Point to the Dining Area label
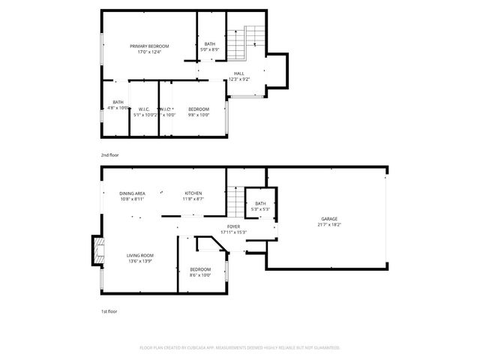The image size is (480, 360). click(x=132, y=193)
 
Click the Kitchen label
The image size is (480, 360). click(x=193, y=193)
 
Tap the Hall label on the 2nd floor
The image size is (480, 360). click(x=238, y=73)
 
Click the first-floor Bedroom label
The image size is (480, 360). click(x=200, y=269)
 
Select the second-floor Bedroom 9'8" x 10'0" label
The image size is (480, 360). click(x=198, y=109)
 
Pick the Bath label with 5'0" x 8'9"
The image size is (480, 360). click(x=210, y=44)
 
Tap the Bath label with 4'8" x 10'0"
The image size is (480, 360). click(x=118, y=103)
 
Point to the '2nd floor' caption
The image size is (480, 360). click(x=110, y=154)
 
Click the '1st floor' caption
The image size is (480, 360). click(x=109, y=311)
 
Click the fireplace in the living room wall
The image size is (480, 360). click(x=97, y=251)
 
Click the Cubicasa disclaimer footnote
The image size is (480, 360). click(x=240, y=347)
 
